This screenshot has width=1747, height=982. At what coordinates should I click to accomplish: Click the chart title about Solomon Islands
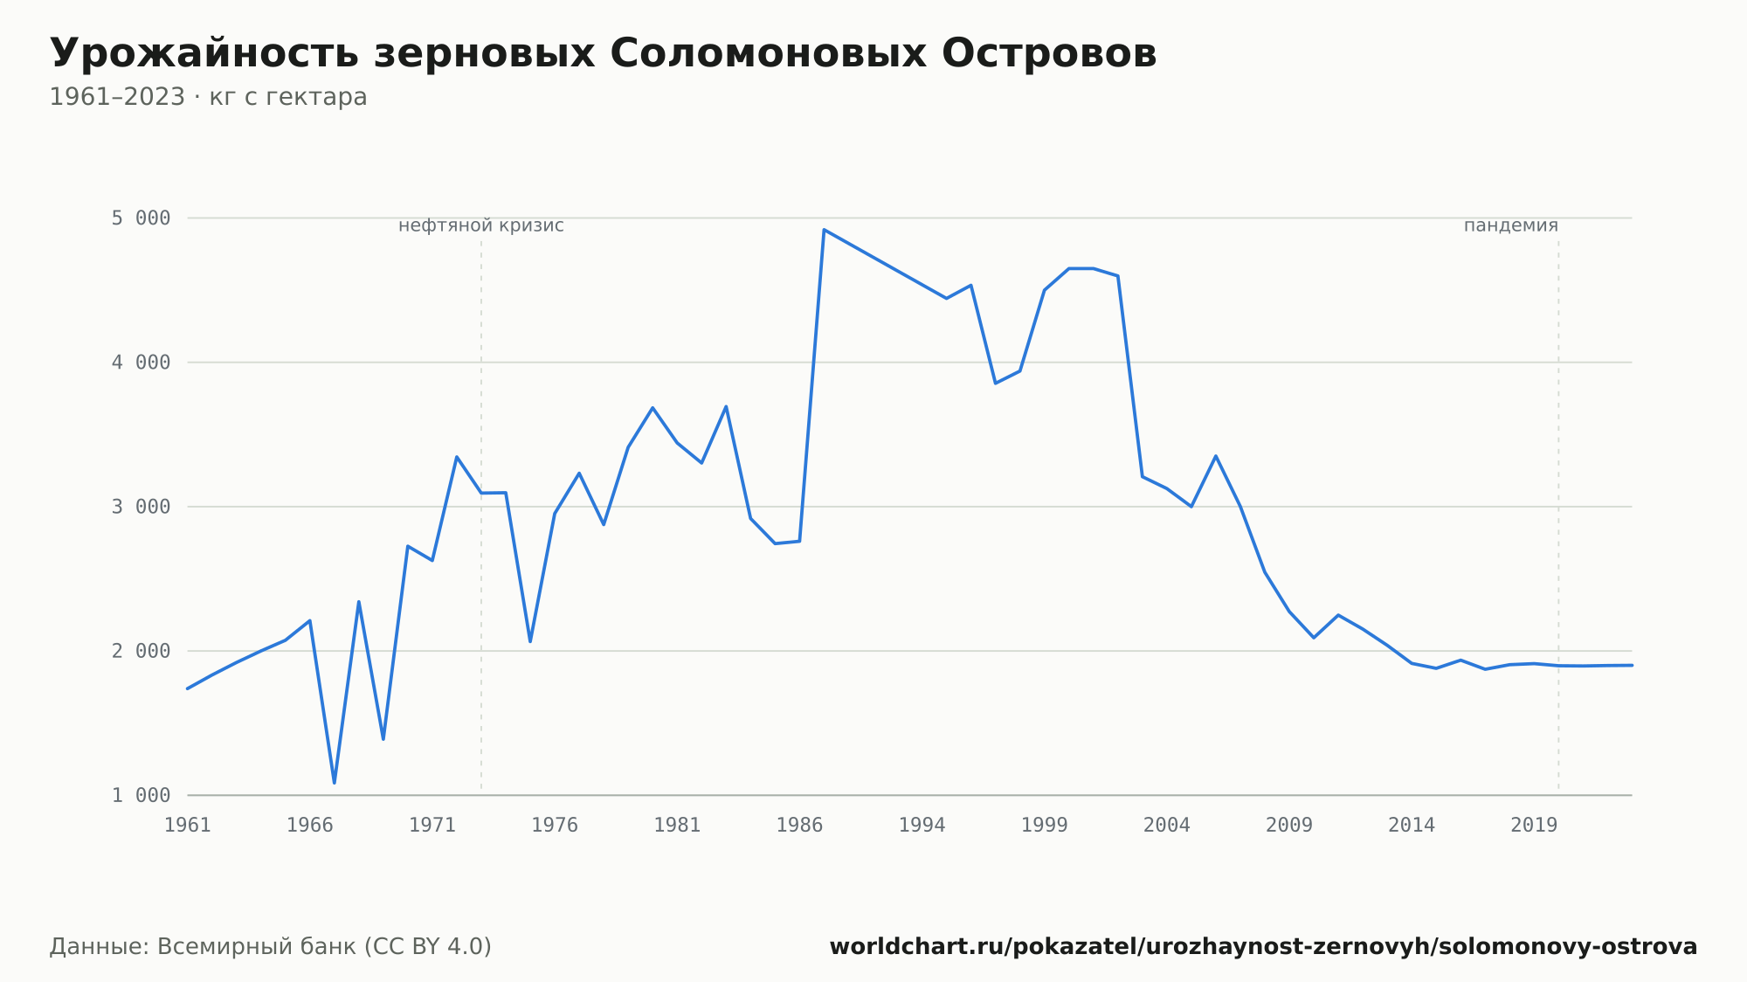click(x=603, y=54)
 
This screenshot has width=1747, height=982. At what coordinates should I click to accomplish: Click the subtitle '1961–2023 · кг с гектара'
click(x=208, y=97)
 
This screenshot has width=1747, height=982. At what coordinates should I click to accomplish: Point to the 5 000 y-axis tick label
click(x=141, y=218)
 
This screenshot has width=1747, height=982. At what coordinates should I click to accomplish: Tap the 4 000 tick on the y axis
click(x=141, y=363)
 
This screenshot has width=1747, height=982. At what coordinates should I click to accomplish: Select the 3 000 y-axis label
click(x=141, y=507)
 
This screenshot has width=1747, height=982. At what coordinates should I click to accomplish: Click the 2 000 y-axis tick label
click(x=141, y=651)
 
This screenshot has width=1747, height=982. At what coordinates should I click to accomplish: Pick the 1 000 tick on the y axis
click(x=141, y=795)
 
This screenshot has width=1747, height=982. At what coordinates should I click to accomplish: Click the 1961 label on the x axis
click(x=188, y=826)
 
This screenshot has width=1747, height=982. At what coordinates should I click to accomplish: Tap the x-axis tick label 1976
click(x=555, y=826)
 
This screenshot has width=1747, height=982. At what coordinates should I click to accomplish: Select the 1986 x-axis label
click(x=799, y=826)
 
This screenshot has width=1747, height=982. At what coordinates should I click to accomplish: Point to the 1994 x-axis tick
click(x=922, y=826)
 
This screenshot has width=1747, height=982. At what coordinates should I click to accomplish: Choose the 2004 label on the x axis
click(x=1167, y=826)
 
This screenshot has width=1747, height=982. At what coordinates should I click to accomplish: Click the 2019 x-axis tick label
click(x=1534, y=826)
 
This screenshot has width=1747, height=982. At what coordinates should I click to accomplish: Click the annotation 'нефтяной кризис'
click(x=481, y=225)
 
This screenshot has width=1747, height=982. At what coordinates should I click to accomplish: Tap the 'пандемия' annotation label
click(x=1511, y=225)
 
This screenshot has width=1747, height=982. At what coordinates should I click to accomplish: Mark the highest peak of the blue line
click(x=824, y=230)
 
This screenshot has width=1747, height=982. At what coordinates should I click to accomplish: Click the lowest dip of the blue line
click(x=335, y=783)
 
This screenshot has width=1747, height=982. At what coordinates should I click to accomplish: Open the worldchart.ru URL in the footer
click(x=1263, y=946)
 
